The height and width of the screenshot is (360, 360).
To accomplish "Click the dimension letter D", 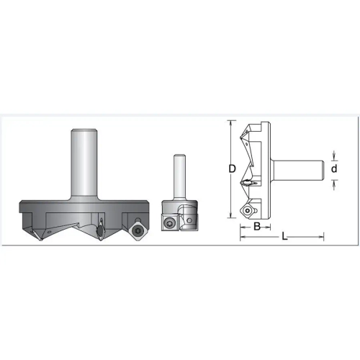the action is point(232,169).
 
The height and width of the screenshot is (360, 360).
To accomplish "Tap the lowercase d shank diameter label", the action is point(334,168).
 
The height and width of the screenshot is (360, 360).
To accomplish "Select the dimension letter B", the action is point(257,226).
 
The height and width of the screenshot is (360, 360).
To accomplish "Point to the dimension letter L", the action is point(284,237).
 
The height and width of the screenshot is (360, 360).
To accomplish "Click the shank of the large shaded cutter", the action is point(84,164).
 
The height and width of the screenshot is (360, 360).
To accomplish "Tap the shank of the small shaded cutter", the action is point(179,177).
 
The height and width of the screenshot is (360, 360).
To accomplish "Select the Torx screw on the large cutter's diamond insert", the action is point(138,231).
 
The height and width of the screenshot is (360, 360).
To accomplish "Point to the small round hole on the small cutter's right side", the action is point(189,220).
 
